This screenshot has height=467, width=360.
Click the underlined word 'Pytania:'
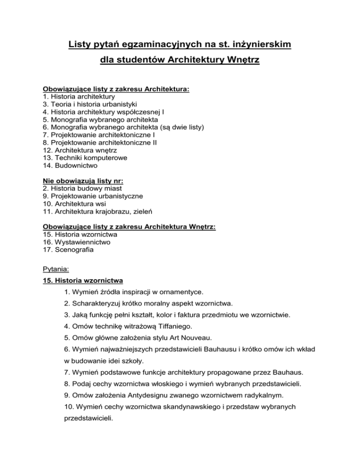pos(56,270)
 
